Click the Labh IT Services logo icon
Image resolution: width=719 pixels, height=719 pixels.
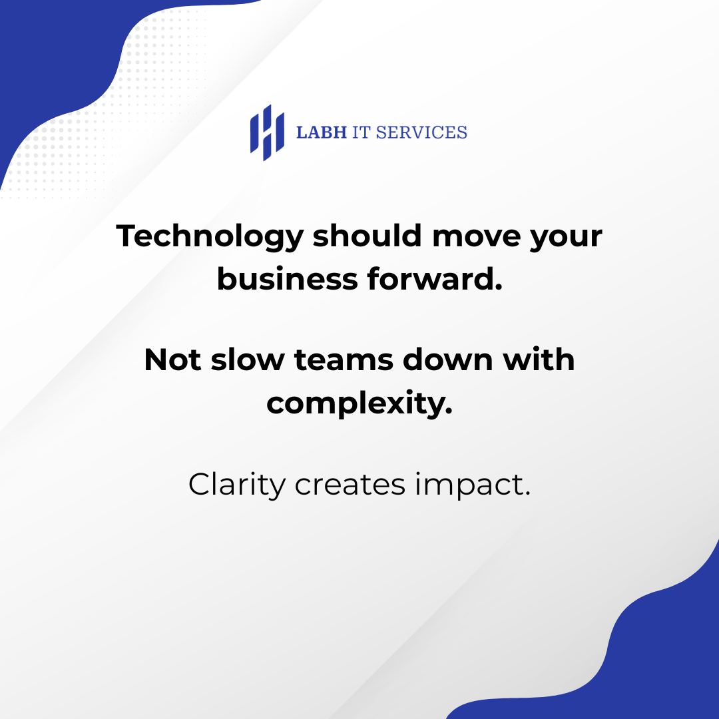[x=267, y=132]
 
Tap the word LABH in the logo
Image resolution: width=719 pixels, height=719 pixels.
[x=322, y=132]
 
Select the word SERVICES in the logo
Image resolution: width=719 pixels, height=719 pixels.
[x=421, y=132]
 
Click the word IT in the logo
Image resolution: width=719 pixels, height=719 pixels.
[x=361, y=132]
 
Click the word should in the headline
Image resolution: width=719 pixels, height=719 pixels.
[x=367, y=236]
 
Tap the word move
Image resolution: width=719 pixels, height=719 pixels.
[x=477, y=238]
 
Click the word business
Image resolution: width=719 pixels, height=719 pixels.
[x=287, y=278]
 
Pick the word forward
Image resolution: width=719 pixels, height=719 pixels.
[x=435, y=278]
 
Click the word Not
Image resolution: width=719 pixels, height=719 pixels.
[x=172, y=359]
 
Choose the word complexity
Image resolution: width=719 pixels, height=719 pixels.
[x=359, y=403]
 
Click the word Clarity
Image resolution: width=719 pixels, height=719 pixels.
[x=237, y=485]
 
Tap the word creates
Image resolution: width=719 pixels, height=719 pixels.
[x=350, y=486]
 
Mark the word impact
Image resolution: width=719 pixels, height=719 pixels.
[x=473, y=486]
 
